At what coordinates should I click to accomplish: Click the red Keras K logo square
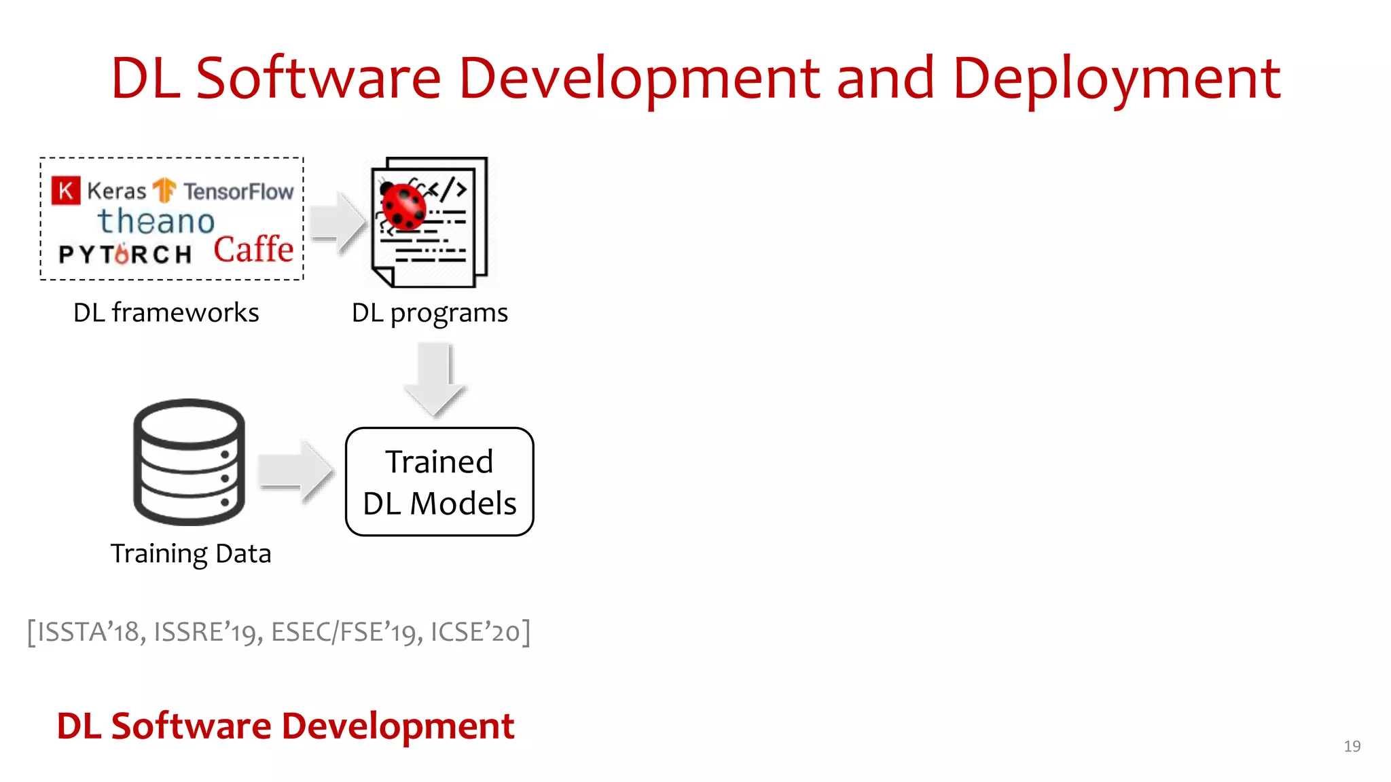tap(66, 191)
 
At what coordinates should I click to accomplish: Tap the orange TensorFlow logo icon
tap(164, 191)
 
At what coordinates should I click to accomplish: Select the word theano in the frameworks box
tap(156, 221)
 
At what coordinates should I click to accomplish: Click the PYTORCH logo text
tap(126, 254)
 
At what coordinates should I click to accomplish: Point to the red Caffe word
tap(253, 249)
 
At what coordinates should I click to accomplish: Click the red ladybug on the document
tap(403, 206)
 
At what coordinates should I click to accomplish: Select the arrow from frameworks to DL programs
tap(338, 223)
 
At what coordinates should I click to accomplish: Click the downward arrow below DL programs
tap(435, 379)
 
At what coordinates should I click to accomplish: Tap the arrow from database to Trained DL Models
tap(297, 471)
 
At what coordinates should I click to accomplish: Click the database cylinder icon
tap(189, 462)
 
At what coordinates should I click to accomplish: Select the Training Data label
tap(191, 554)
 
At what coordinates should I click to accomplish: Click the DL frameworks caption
tap(166, 313)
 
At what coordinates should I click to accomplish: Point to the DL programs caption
tap(429, 313)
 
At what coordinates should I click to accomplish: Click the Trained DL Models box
tap(439, 482)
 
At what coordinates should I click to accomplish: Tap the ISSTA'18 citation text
tap(88, 632)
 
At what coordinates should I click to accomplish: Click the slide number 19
tap(1352, 746)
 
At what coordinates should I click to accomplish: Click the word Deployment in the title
tap(1117, 79)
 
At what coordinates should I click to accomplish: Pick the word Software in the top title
tap(319, 79)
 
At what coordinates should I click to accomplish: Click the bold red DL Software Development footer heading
tap(285, 726)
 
